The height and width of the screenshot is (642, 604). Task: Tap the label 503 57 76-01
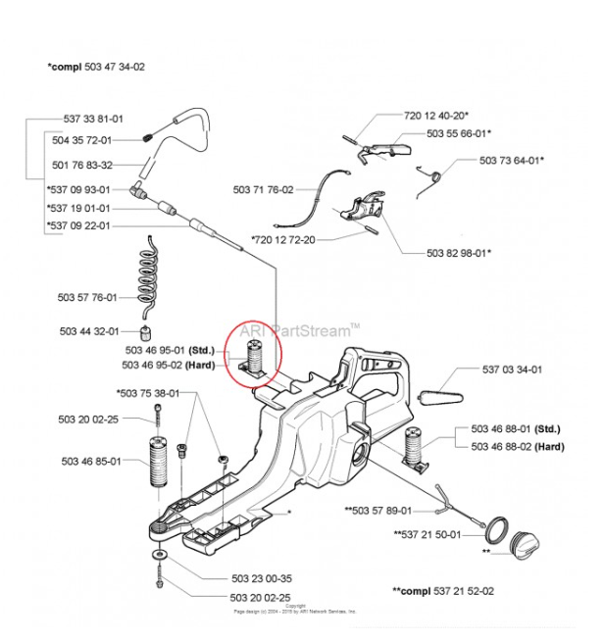pyautogui.click(x=87, y=297)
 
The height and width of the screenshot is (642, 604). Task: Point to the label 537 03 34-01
pyautogui.click(x=512, y=370)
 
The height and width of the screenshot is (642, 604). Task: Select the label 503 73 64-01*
pyautogui.click(x=511, y=160)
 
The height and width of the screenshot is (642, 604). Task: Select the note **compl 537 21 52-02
pyautogui.click(x=448, y=592)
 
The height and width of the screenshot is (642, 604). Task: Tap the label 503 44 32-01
pyautogui.click(x=88, y=331)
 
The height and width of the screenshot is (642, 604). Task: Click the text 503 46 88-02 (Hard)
pyautogui.click(x=517, y=446)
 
